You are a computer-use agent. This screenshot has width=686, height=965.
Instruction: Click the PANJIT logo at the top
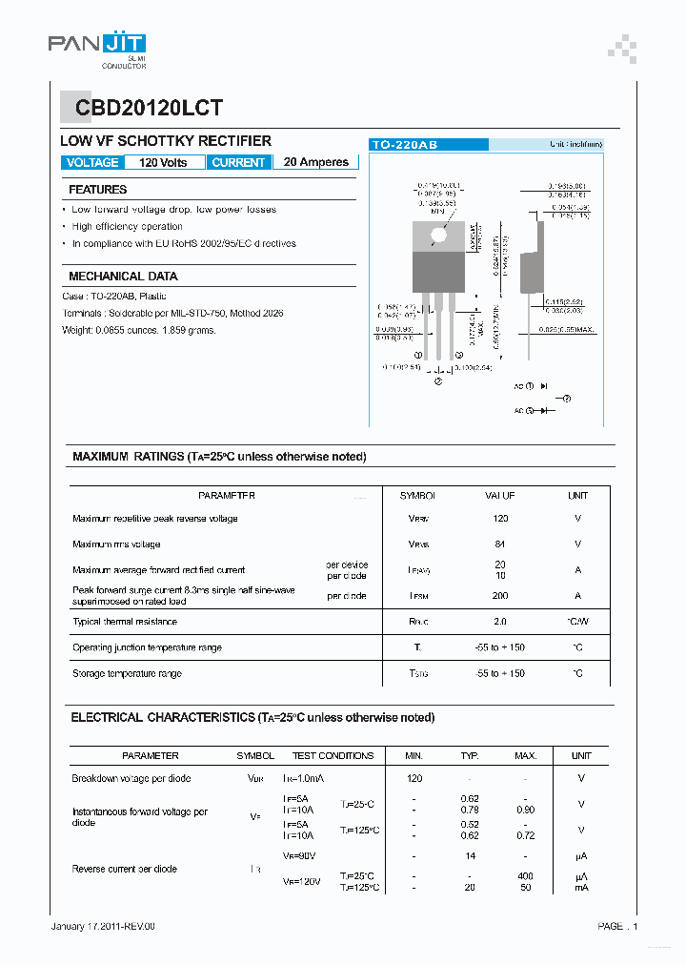click(x=97, y=46)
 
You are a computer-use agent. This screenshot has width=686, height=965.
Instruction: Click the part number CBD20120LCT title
click(x=144, y=109)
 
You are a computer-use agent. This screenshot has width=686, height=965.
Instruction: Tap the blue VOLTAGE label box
click(x=92, y=163)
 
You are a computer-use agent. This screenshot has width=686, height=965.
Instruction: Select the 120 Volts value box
click(x=164, y=163)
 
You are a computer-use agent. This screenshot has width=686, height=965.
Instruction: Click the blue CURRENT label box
click(x=238, y=163)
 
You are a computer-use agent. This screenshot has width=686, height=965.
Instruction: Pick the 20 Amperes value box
click(x=315, y=163)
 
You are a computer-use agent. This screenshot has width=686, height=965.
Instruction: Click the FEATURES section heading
click(x=98, y=190)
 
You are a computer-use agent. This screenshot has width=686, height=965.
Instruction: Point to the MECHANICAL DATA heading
click(x=123, y=277)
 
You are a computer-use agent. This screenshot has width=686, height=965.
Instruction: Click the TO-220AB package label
click(x=405, y=144)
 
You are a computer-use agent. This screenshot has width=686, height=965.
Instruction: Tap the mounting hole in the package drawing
click(x=438, y=235)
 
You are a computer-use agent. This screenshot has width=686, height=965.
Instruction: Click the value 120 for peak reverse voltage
click(x=500, y=519)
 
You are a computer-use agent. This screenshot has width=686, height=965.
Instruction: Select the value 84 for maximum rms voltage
click(x=500, y=544)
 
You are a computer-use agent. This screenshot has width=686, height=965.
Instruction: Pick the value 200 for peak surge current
click(x=500, y=596)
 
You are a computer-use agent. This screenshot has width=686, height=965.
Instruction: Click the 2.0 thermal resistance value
click(x=500, y=622)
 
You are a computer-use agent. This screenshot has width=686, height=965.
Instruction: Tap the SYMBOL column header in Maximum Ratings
click(x=417, y=496)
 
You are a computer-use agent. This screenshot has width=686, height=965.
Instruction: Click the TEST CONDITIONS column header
click(x=333, y=756)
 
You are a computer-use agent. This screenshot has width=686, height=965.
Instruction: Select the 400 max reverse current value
click(x=525, y=876)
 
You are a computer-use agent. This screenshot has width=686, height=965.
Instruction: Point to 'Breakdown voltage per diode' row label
click(x=131, y=779)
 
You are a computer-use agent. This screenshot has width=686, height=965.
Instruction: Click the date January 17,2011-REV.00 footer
click(x=102, y=926)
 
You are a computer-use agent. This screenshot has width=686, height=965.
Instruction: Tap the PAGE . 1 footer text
click(x=617, y=926)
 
